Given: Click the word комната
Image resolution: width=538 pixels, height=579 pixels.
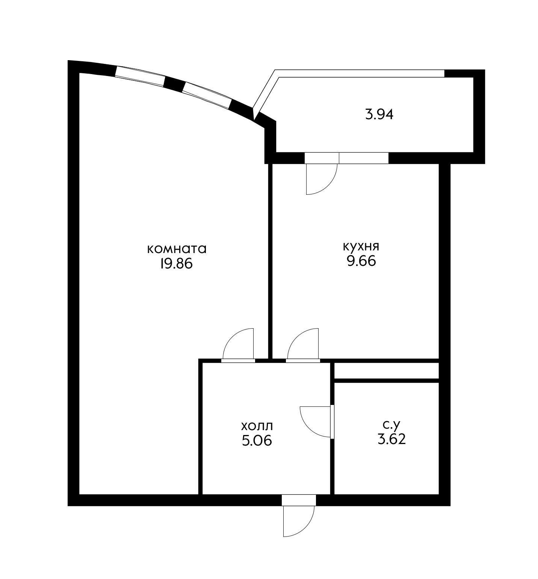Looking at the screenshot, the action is click(x=177, y=249).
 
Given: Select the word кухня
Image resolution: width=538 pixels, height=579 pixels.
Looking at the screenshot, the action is click(x=361, y=247).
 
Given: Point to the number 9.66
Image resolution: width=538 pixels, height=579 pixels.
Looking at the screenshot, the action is click(x=361, y=261).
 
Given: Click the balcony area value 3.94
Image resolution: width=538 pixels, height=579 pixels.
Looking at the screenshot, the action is click(x=379, y=114).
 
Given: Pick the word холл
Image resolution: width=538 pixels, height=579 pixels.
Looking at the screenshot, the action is click(x=257, y=426).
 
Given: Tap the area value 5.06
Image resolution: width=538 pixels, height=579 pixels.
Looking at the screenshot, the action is click(x=257, y=440).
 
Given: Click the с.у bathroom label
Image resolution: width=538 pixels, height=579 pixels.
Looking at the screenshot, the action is click(x=391, y=424).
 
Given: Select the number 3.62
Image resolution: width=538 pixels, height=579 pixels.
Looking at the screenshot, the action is click(x=392, y=439).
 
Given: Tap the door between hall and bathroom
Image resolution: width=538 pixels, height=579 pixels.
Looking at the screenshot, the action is click(x=316, y=421).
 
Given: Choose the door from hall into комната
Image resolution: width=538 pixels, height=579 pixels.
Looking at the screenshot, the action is click(x=238, y=344).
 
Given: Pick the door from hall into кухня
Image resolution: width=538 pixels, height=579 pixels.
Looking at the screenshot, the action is click(x=303, y=344).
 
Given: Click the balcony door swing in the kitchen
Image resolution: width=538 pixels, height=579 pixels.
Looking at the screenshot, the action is click(x=322, y=179).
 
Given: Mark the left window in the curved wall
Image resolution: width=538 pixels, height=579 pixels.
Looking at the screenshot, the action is click(x=139, y=76).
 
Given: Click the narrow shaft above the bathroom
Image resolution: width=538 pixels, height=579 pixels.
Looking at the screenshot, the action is click(x=387, y=371).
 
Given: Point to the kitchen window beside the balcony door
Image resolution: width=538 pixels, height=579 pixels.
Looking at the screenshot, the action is click(x=363, y=158).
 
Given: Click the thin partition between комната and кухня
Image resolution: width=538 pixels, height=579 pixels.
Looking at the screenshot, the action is click(x=270, y=261).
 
